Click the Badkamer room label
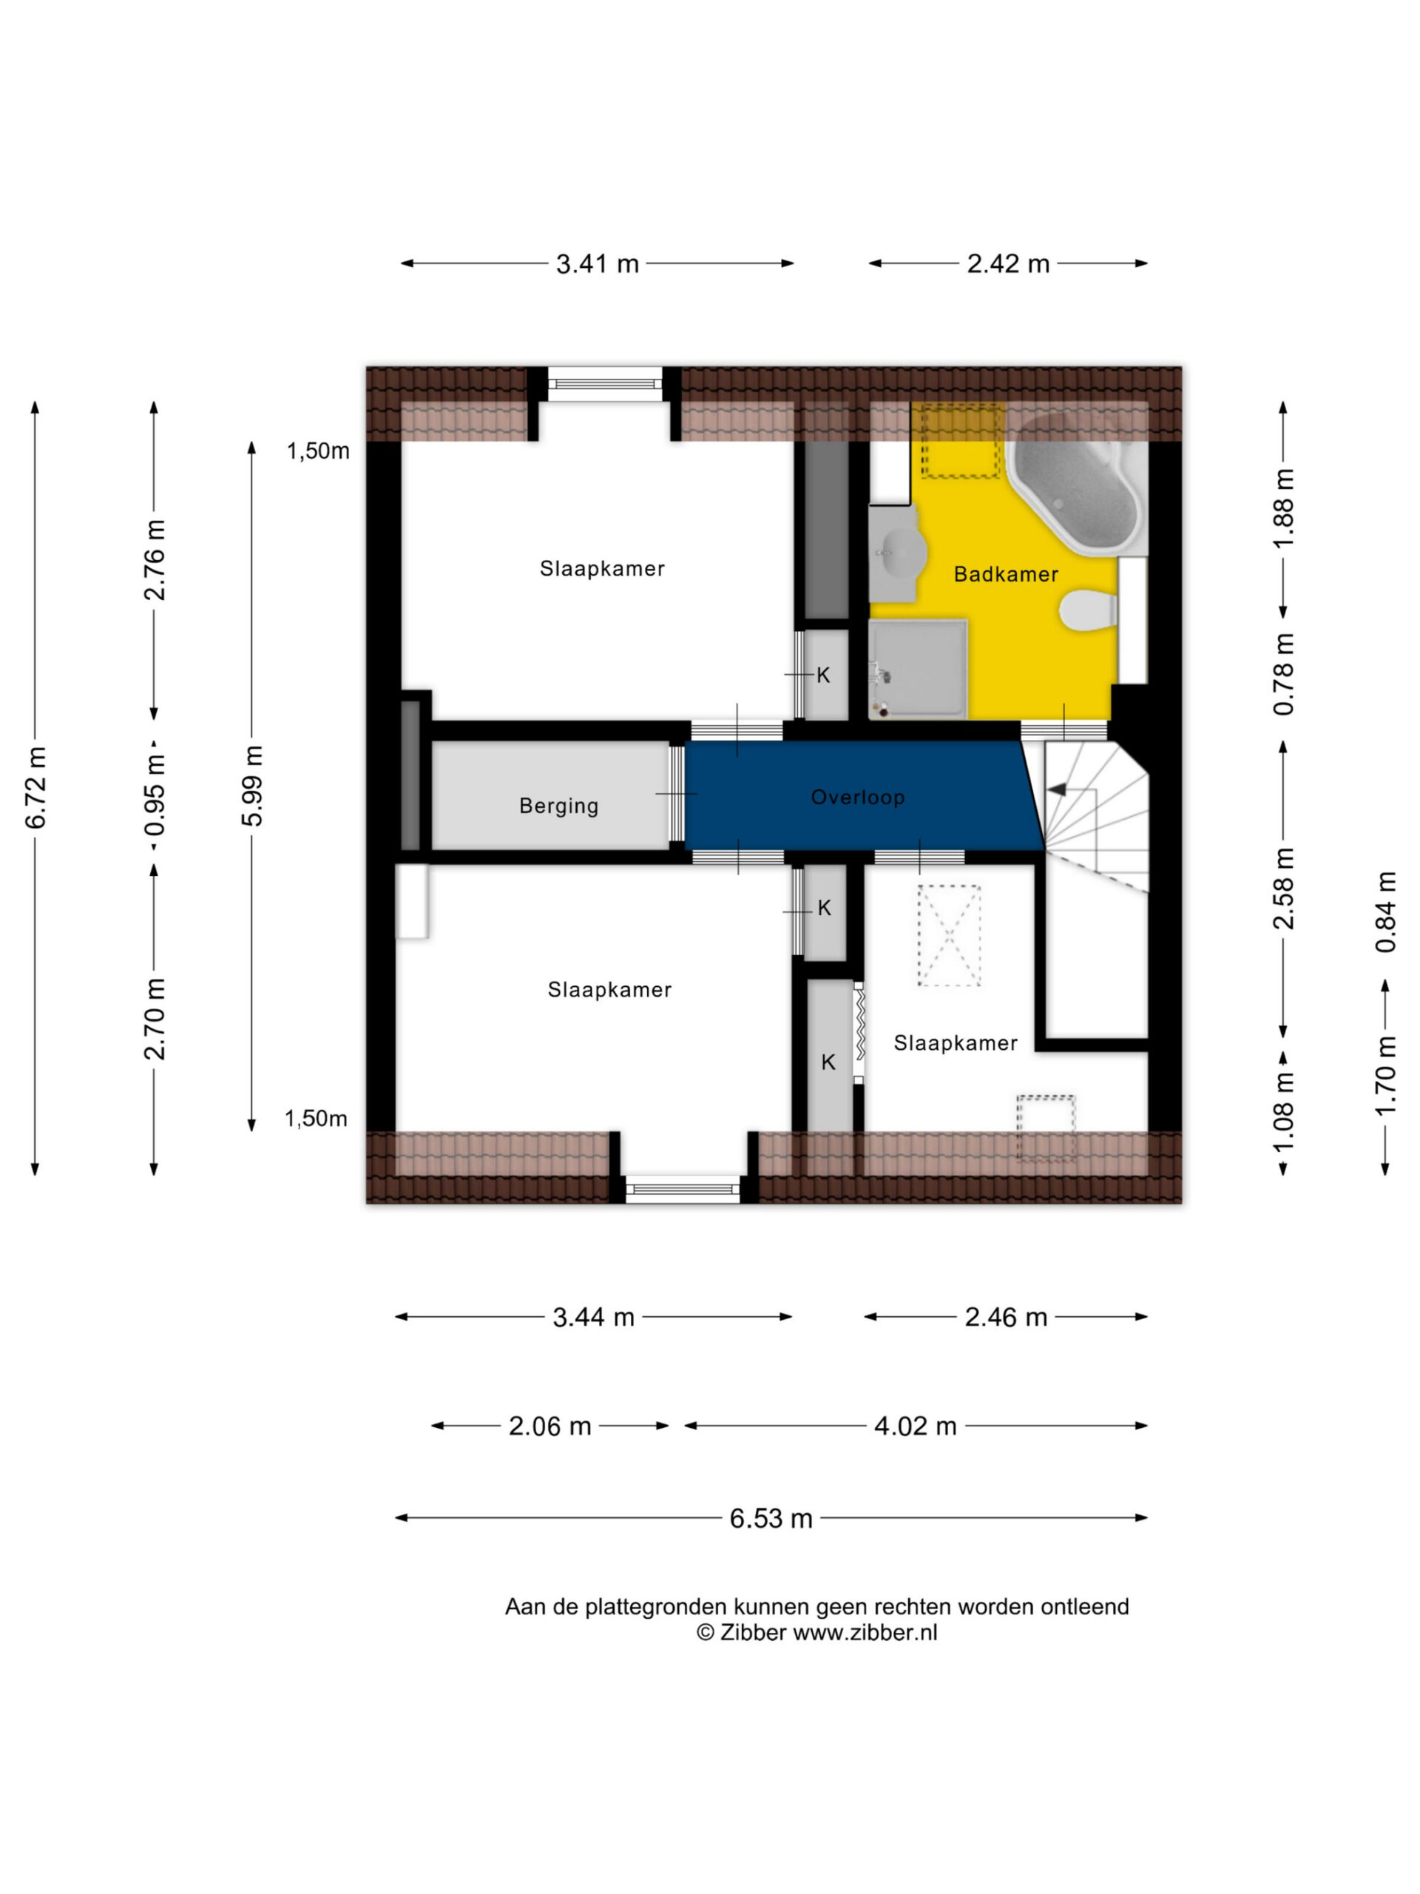pyautogui.click(x=1006, y=575)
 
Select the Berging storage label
pyautogui.click(x=559, y=806)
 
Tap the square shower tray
pyautogui.click(x=918, y=669)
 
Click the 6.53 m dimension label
pyautogui.click(x=771, y=1519)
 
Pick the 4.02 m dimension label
pyautogui.click(x=915, y=1426)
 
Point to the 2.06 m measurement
pyautogui.click(x=550, y=1426)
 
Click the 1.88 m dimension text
pyautogui.click(x=1284, y=508)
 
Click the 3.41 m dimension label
pyautogui.click(x=598, y=263)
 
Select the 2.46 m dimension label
pyautogui.click(x=1006, y=1317)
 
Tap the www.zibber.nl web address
pyautogui.click(x=865, y=1632)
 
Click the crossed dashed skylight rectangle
pyautogui.click(x=949, y=936)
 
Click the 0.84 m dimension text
pyautogui.click(x=1386, y=912)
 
